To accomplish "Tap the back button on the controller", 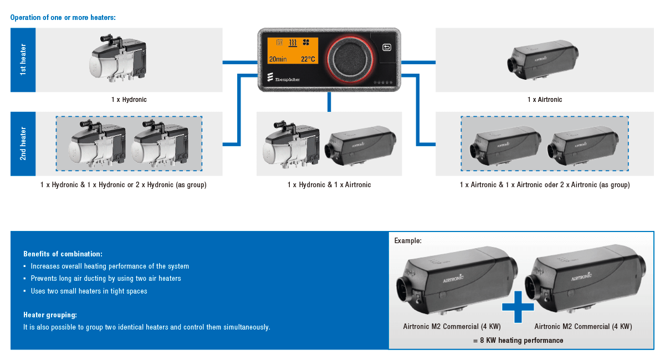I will click(x=387, y=48).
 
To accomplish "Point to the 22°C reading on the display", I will click(x=308, y=59).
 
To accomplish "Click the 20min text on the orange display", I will click(x=278, y=59).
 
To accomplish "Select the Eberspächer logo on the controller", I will click(x=284, y=78).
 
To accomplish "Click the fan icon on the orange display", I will click(x=306, y=42).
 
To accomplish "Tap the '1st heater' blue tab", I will click(x=23, y=60).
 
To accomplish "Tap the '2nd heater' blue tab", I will click(x=23, y=144).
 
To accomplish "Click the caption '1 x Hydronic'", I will click(x=129, y=100).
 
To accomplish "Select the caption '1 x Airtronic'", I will click(x=544, y=100).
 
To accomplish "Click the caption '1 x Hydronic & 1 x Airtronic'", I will click(x=329, y=185).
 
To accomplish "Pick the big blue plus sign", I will click(x=518, y=306).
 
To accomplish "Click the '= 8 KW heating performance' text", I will click(x=518, y=340).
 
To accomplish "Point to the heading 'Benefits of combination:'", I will click(x=63, y=254).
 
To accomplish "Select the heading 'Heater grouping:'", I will click(x=50, y=315).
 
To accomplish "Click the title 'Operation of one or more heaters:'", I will click(x=63, y=17).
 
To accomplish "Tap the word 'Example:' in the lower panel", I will click(x=408, y=241).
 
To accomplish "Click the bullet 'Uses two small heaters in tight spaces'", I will click(x=89, y=291).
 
